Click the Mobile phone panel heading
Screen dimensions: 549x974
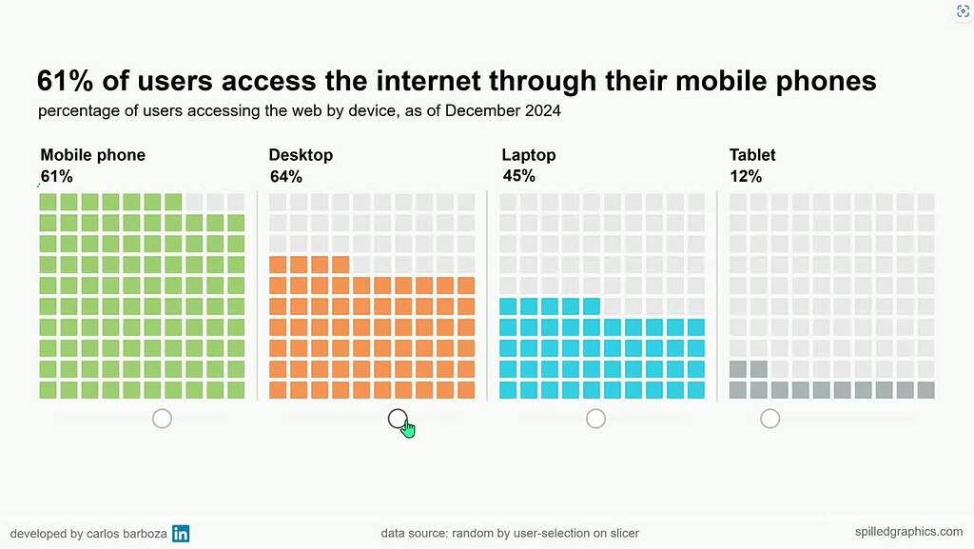(92, 155)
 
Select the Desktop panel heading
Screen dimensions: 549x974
(301, 155)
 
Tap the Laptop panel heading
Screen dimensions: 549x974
(528, 155)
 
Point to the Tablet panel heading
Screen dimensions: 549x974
(752, 155)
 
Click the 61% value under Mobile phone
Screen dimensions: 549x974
(56, 176)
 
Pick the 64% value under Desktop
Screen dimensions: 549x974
(285, 176)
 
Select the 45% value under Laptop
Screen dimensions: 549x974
(518, 176)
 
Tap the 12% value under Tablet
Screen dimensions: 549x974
(746, 176)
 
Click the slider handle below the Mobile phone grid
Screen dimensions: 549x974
(162, 419)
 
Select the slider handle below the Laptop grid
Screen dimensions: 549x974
(595, 419)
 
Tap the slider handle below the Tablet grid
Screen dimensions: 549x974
(769, 419)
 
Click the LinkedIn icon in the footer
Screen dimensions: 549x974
(181, 534)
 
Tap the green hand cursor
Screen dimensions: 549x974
(407, 428)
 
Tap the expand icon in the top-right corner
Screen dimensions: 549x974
(961, 11)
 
